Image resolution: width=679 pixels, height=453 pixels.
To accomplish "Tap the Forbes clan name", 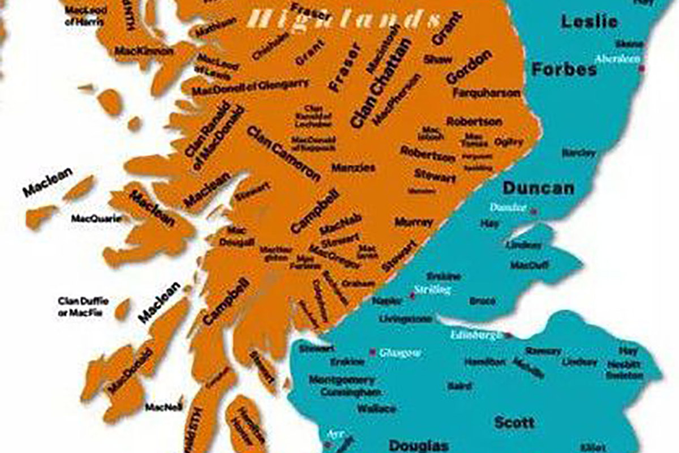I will pyautogui.click(x=564, y=70).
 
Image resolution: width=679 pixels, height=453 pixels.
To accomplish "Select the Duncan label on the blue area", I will pyautogui.click(x=538, y=188).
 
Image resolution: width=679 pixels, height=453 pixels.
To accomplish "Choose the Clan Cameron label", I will pyautogui.click(x=283, y=152).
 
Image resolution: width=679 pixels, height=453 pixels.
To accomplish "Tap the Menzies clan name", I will pyautogui.click(x=353, y=168).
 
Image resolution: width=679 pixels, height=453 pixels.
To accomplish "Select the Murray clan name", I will pyautogui.click(x=414, y=222).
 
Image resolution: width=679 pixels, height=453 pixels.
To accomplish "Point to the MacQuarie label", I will pyautogui.click(x=96, y=218).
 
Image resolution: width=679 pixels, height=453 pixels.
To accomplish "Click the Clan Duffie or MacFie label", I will pyautogui.click(x=83, y=306).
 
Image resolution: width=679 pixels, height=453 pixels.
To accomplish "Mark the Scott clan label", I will pyautogui.click(x=514, y=422).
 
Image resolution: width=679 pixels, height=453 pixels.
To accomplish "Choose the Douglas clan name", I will pyautogui.click(x=419, y=445).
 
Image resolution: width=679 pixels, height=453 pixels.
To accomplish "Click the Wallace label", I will pyautogui.click(x=376, y=408).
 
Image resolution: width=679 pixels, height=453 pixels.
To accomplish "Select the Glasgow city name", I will pyautogui.click(x=400, y=353).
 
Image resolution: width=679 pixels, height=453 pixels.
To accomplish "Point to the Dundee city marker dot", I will pyautogui.click(x=532, y=211).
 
